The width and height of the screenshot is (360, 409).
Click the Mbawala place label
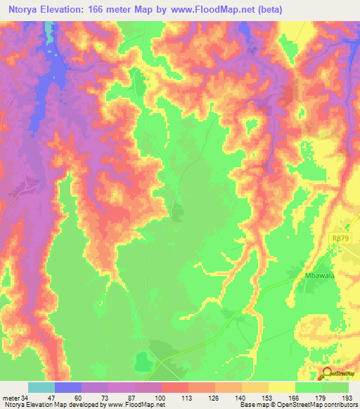point(321,275)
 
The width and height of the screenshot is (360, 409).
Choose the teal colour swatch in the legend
point(41,387)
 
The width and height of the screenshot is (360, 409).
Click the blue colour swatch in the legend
point(68,387)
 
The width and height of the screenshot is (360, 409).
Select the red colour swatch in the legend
point(175,387)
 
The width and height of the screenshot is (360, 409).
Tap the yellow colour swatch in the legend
point(282,387)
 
